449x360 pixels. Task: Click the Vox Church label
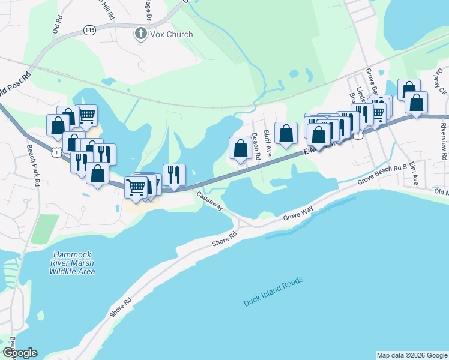click(x=172, y=34)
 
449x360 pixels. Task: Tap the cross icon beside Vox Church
click(x=141, y=34)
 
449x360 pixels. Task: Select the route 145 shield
click(x=90, y=29)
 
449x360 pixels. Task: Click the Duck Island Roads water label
click(x=273, y=292)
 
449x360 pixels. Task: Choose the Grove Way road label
click(x=298, y=214)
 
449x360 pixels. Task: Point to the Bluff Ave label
click(x=269, y=145)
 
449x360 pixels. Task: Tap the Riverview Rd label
click(x=444, y=142)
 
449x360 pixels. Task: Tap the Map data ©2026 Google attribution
click(x=412, y=355)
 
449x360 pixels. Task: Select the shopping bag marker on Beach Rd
click(x=240, y=148)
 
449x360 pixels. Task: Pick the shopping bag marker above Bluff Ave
click(x=286, y=133)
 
